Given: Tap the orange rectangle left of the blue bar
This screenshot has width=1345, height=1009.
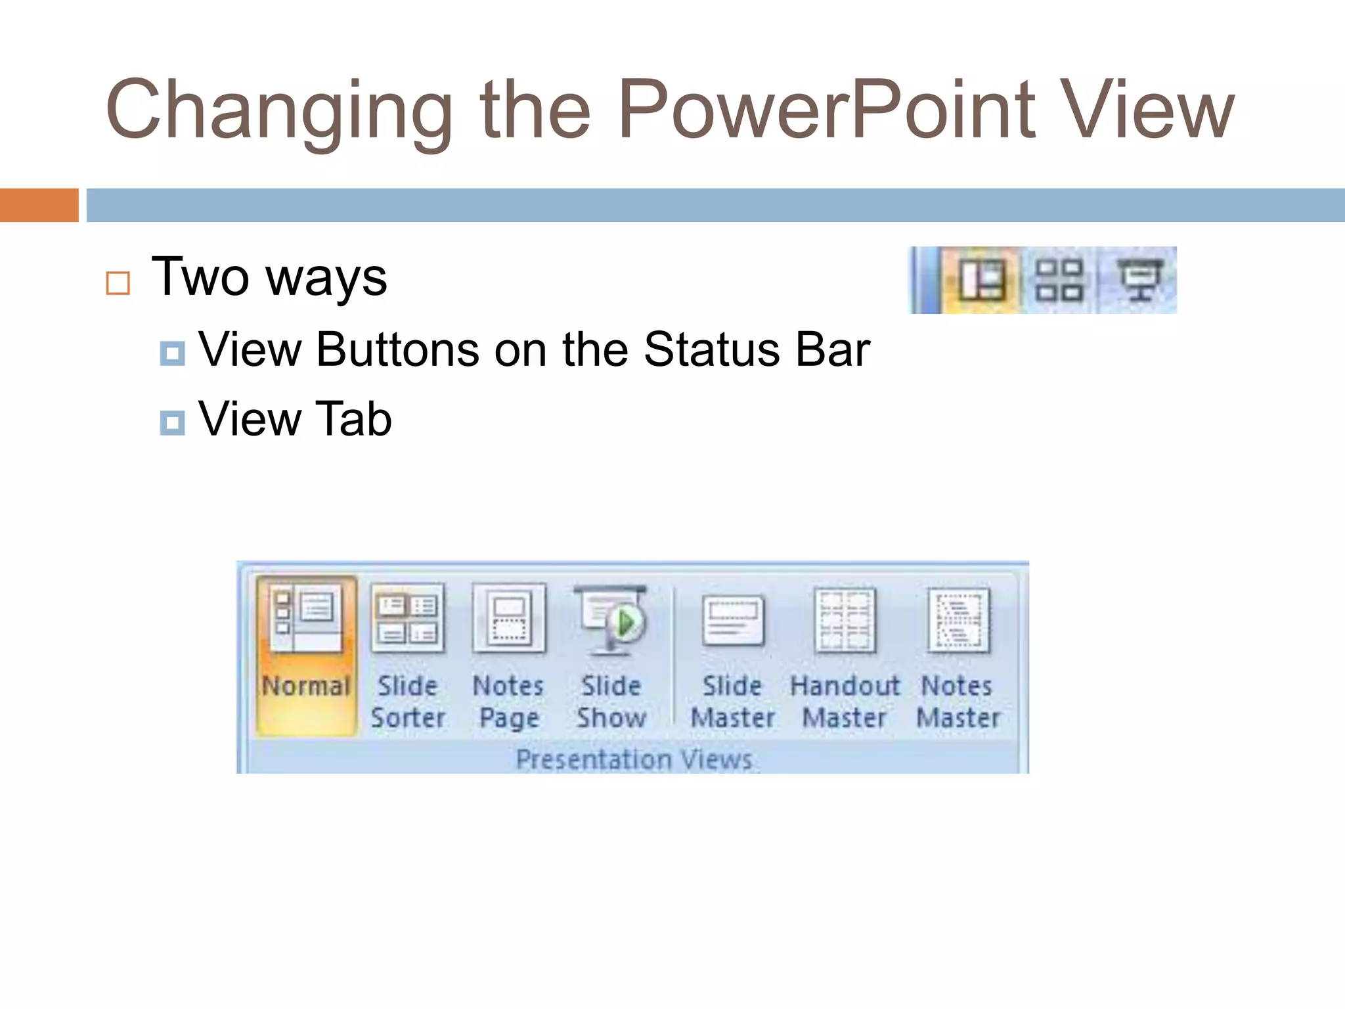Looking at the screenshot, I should pos(39,205).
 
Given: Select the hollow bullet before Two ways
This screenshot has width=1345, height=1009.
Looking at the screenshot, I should pos(118,283).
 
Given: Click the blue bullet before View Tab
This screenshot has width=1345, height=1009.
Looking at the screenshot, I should pos(172,422).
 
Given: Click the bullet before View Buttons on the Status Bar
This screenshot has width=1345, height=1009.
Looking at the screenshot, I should pos(172,353).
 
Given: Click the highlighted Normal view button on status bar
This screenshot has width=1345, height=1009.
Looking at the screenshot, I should pos(981,280).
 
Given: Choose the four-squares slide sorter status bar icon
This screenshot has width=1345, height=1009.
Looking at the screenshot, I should pos(1059,280).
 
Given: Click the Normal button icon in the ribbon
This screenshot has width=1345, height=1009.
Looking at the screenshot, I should pos(306,619).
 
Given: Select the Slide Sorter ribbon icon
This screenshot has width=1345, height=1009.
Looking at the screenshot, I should pos(407,619).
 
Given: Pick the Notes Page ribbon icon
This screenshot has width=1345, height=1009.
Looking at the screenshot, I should pos(509,619).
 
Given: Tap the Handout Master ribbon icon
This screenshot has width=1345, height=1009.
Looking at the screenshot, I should pos(845,620).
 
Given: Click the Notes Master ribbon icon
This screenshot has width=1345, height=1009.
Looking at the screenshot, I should pos(958,620).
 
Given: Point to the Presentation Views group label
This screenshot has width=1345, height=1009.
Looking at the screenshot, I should pos(634,759).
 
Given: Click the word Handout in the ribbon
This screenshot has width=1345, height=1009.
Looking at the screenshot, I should pos(845,686).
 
